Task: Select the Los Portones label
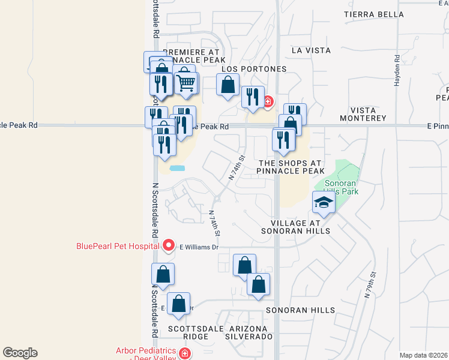click(x=254, y=69)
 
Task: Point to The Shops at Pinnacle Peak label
click(x=291, y=167)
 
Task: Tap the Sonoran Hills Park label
click(x=341, y=187)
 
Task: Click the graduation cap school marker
click(x=324, y=204)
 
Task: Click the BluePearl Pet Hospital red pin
click(x=169, y=245)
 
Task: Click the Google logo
click(x=20, y=353)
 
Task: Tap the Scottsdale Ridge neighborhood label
click(x=188, y=333)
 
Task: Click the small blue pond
click(x=177, y=168)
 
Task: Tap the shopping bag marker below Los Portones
click(x=228, y=86)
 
